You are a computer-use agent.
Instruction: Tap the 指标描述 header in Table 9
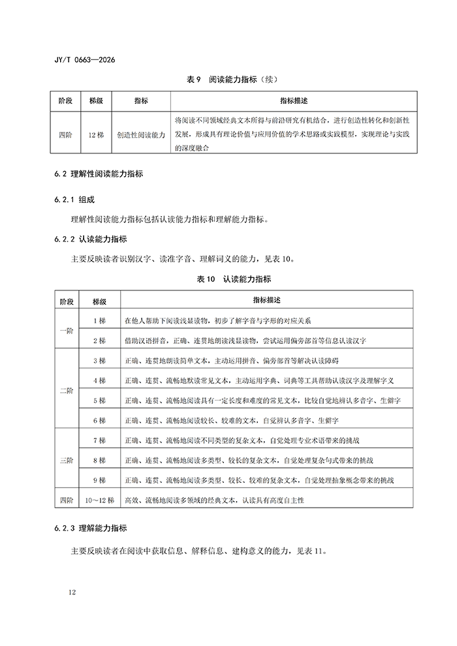[x=293, y=101]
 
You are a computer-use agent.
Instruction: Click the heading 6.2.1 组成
[x=76, y=198]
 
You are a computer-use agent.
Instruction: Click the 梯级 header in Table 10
[x=99, y=301]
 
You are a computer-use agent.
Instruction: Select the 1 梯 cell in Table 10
[x=99, y=320]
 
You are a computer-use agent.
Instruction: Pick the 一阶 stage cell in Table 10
[x=67, y=331]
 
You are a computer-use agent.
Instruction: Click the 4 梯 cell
[x=99, y=380]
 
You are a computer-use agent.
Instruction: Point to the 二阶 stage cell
[x=67, y=390]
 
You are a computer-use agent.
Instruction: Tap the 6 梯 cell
[x=99, y=420]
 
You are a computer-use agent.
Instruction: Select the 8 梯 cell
[x=99, y=461]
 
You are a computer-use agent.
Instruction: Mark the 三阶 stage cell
[x=67, y=461]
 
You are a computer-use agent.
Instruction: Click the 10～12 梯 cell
[x=99, y=500]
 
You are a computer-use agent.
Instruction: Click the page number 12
[x=72, y=592]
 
